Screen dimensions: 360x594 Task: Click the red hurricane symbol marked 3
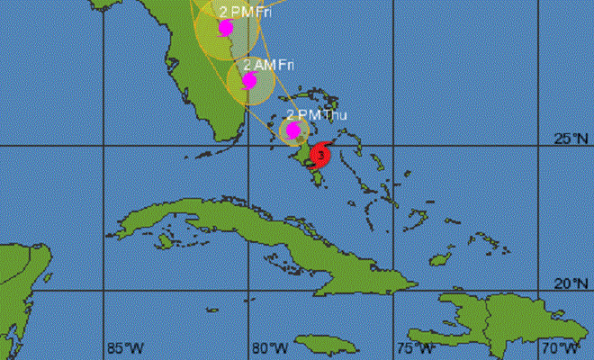[x=318, y=156]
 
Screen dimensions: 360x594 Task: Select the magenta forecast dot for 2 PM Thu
[x=292, y=130]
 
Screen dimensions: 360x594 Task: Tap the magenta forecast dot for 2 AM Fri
[x=249, y=80]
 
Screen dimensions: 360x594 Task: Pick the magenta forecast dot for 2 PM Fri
[x=225, y=27]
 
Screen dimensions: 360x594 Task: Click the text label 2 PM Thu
[x=316, y=114]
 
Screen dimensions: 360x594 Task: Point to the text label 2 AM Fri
[x=271, y=65]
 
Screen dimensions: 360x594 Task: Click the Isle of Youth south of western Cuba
[x=164, y=241]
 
